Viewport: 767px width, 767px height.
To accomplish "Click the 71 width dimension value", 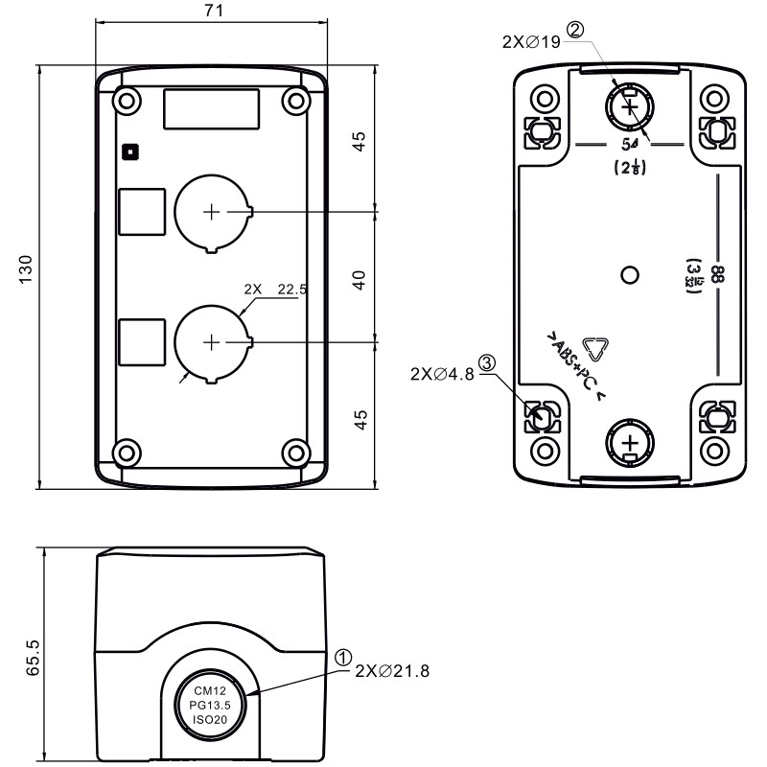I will [x=214, y=12].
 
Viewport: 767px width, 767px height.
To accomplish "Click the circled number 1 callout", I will [x=343, y=657].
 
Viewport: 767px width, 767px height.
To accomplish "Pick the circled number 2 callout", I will [x=574, y=29].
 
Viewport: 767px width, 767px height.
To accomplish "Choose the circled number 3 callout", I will [x=487, y=363].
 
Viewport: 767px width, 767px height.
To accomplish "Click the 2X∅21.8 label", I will [x=391, y=670].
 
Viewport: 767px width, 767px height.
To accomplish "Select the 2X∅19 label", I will [x=532, y=42].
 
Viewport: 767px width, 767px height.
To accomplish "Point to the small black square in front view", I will [x=130, y=151].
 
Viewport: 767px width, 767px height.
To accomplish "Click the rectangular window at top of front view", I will [x=210, y=109].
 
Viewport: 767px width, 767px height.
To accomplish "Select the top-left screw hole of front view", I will [x=125, y=100].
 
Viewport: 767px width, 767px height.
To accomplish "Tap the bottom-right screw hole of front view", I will [x=296, y=452].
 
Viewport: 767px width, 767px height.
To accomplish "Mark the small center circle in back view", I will [x=629, y=276].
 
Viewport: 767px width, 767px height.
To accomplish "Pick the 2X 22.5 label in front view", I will [x=274, y=288].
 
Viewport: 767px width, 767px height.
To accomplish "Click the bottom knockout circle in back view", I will [x=629, y=443].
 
